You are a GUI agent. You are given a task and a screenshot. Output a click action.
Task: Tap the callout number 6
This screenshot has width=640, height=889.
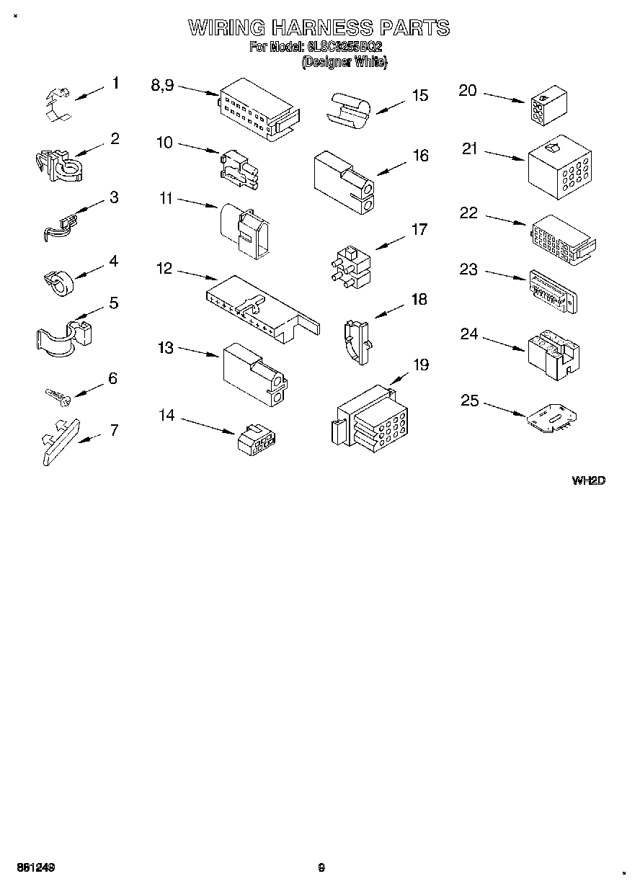pos(112,378)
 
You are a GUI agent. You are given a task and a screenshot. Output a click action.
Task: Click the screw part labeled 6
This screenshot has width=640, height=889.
pos(56,395)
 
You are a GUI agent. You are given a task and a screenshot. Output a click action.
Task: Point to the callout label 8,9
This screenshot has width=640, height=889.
pos(162,85)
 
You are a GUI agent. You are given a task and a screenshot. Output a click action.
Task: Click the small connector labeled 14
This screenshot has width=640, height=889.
pos(257,439)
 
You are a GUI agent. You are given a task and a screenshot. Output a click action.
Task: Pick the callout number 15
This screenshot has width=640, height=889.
pos(419,96)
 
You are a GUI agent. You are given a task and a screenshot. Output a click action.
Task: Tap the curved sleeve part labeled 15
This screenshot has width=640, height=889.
pos(350,110)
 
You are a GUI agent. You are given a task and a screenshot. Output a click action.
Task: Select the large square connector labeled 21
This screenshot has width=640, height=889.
pos(560,168)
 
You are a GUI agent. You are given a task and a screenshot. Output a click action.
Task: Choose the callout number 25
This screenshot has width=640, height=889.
pos(470,400)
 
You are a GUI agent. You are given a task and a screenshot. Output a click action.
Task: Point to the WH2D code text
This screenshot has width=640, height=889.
pos(588,481)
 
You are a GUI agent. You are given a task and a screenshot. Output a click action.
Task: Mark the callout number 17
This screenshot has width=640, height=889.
pos(419,230)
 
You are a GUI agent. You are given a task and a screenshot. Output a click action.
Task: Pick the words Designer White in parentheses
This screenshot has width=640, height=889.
pos(345,63)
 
